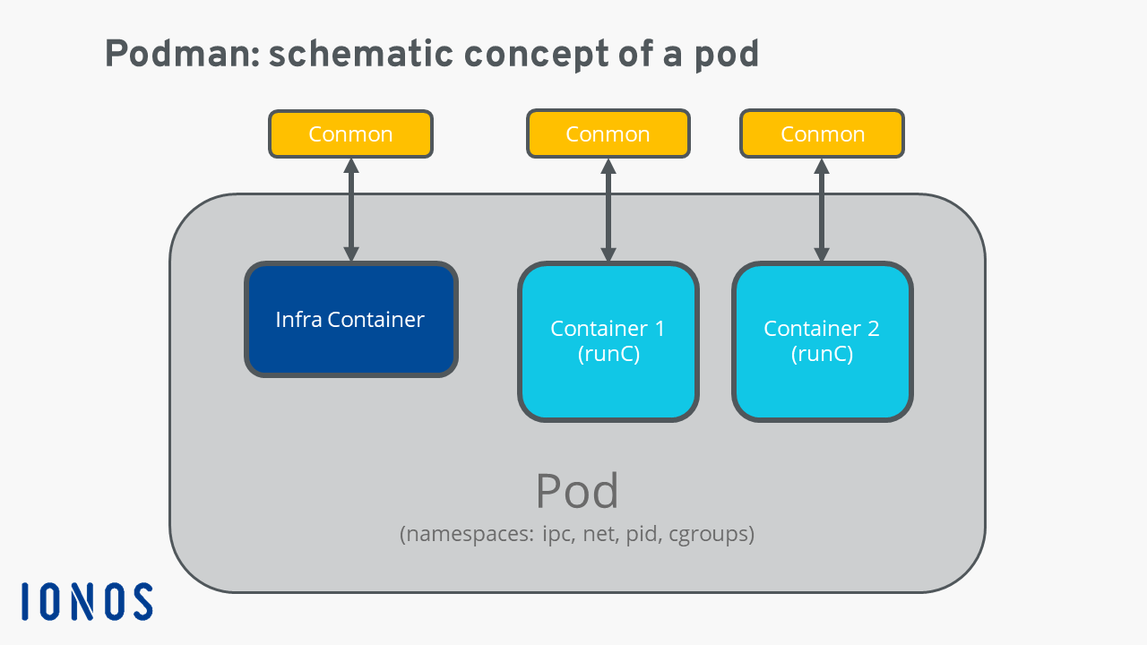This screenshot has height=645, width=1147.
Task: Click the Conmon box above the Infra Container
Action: coord(350,134)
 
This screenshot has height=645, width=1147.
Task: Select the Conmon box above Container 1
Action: coord(608,134)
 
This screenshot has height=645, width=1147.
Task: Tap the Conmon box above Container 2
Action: coord(822,134)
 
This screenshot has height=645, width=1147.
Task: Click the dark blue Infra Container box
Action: coord(350,320)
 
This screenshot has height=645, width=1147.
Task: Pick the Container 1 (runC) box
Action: coord(608,341)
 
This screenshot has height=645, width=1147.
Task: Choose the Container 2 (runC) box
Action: coord(822,341)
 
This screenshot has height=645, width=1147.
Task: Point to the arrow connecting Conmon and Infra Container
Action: coord(350,210)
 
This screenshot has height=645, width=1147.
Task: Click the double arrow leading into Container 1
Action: coord(608,210)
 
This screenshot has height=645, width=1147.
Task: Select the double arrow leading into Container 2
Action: coord(822,210)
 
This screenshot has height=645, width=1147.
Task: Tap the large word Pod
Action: coord(577,491)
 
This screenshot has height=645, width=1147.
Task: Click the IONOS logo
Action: coord(87,602)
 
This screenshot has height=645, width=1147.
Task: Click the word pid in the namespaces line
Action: coord(642,535)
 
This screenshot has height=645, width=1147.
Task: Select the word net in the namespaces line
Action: coord(599,534)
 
